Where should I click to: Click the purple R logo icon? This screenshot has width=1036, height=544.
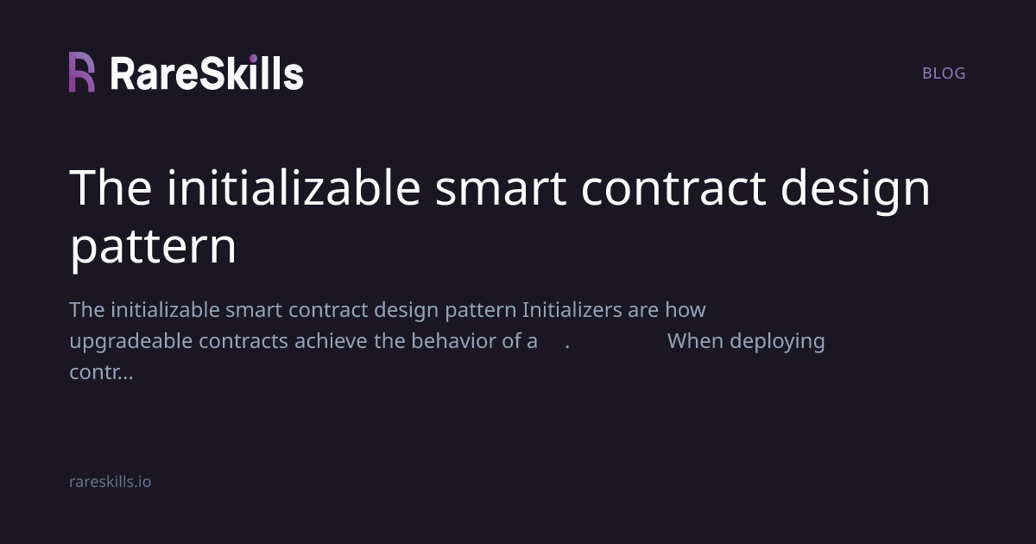(x=82, y=73)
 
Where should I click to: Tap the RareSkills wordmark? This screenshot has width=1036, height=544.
(x=206, y=73)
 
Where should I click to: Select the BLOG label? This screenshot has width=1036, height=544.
(x=944, y=73)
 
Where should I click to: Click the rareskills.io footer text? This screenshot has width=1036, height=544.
(x=110, y=482)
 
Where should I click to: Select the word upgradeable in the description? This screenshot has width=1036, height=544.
(x=131, y=341)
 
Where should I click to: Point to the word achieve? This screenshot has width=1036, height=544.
(x=331, y=341)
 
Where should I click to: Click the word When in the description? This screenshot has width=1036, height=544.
(x=695, y=341)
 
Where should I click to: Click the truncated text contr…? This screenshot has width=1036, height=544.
(x=101, y=373)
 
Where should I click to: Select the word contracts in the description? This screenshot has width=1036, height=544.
(x=243, y=341)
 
